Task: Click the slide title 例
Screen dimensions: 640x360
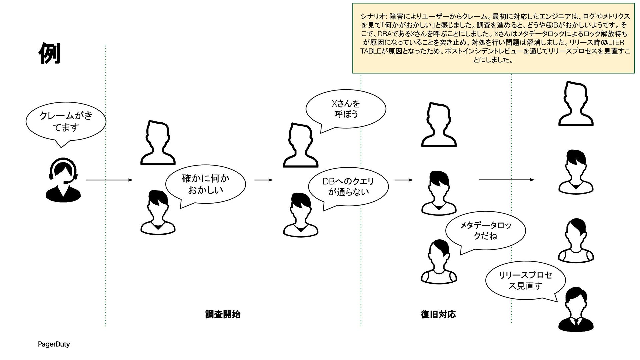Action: pyautogui.click(x=49, y=53)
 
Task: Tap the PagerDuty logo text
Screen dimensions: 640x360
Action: pyautogui.click(x=54, y=344)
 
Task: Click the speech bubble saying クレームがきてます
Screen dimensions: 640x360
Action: pyautogui.click(x=66, y=122)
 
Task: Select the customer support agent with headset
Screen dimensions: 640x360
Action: pyautogui.click(x=63, y=180)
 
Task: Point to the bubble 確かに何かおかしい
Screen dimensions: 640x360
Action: pyautogui.click(x=205, y=184)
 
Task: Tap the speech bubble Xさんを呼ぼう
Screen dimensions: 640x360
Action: pyautogui.click(x=346, y=109)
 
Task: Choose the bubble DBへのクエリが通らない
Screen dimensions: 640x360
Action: pyautogui.click(x=348, y=187)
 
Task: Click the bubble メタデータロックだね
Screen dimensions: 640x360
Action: pyautogui.click(x=485, y=231)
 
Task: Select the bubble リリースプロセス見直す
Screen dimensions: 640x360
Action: pyautogui.click(x=525, y=280)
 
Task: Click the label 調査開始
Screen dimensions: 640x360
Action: pyautogui.click(x=222, y=314)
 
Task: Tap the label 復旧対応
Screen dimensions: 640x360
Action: pyautogui.click(x=438, y=314)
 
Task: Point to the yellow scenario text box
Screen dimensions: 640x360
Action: pyautogui.click(x=493, y=38)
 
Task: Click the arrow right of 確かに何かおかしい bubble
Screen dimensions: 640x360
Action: pyautogui.click(x=263, y=180)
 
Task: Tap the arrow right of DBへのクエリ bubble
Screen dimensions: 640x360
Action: pyautogui.click(x=404, y=180)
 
